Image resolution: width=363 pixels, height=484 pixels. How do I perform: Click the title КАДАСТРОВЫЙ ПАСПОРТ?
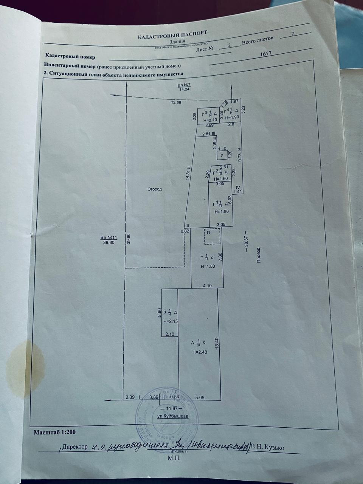click(172, 35)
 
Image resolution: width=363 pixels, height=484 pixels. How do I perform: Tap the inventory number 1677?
click(266, 54)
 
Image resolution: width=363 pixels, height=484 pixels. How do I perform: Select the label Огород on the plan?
click(155, 189)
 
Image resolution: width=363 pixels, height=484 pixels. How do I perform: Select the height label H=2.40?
click(199, 352)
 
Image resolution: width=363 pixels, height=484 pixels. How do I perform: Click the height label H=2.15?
click(170, 321)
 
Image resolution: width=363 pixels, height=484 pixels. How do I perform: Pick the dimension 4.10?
click(207, 286)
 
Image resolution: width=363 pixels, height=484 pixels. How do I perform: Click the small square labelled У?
click(222, 155)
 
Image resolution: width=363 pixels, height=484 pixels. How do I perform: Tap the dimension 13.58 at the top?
click(177, 102)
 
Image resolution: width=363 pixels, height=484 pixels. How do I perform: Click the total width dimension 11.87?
click(172, 409)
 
